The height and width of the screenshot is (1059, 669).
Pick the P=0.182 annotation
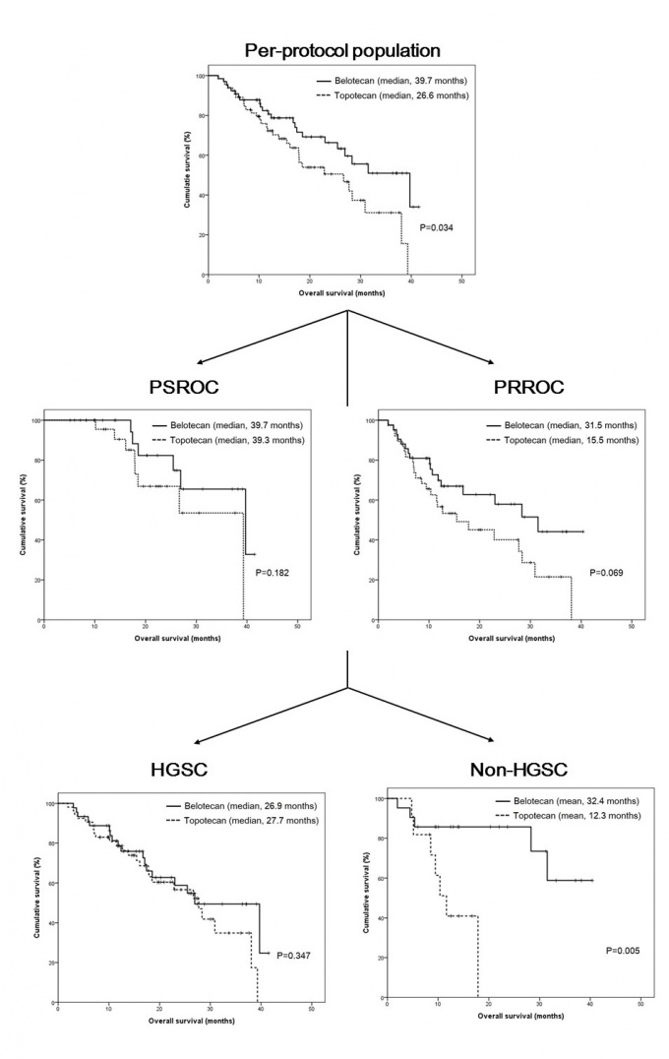pyautogui.click(x=274, y=572)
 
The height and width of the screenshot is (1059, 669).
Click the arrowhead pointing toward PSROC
pyautogui.click(x=198, y=362)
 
